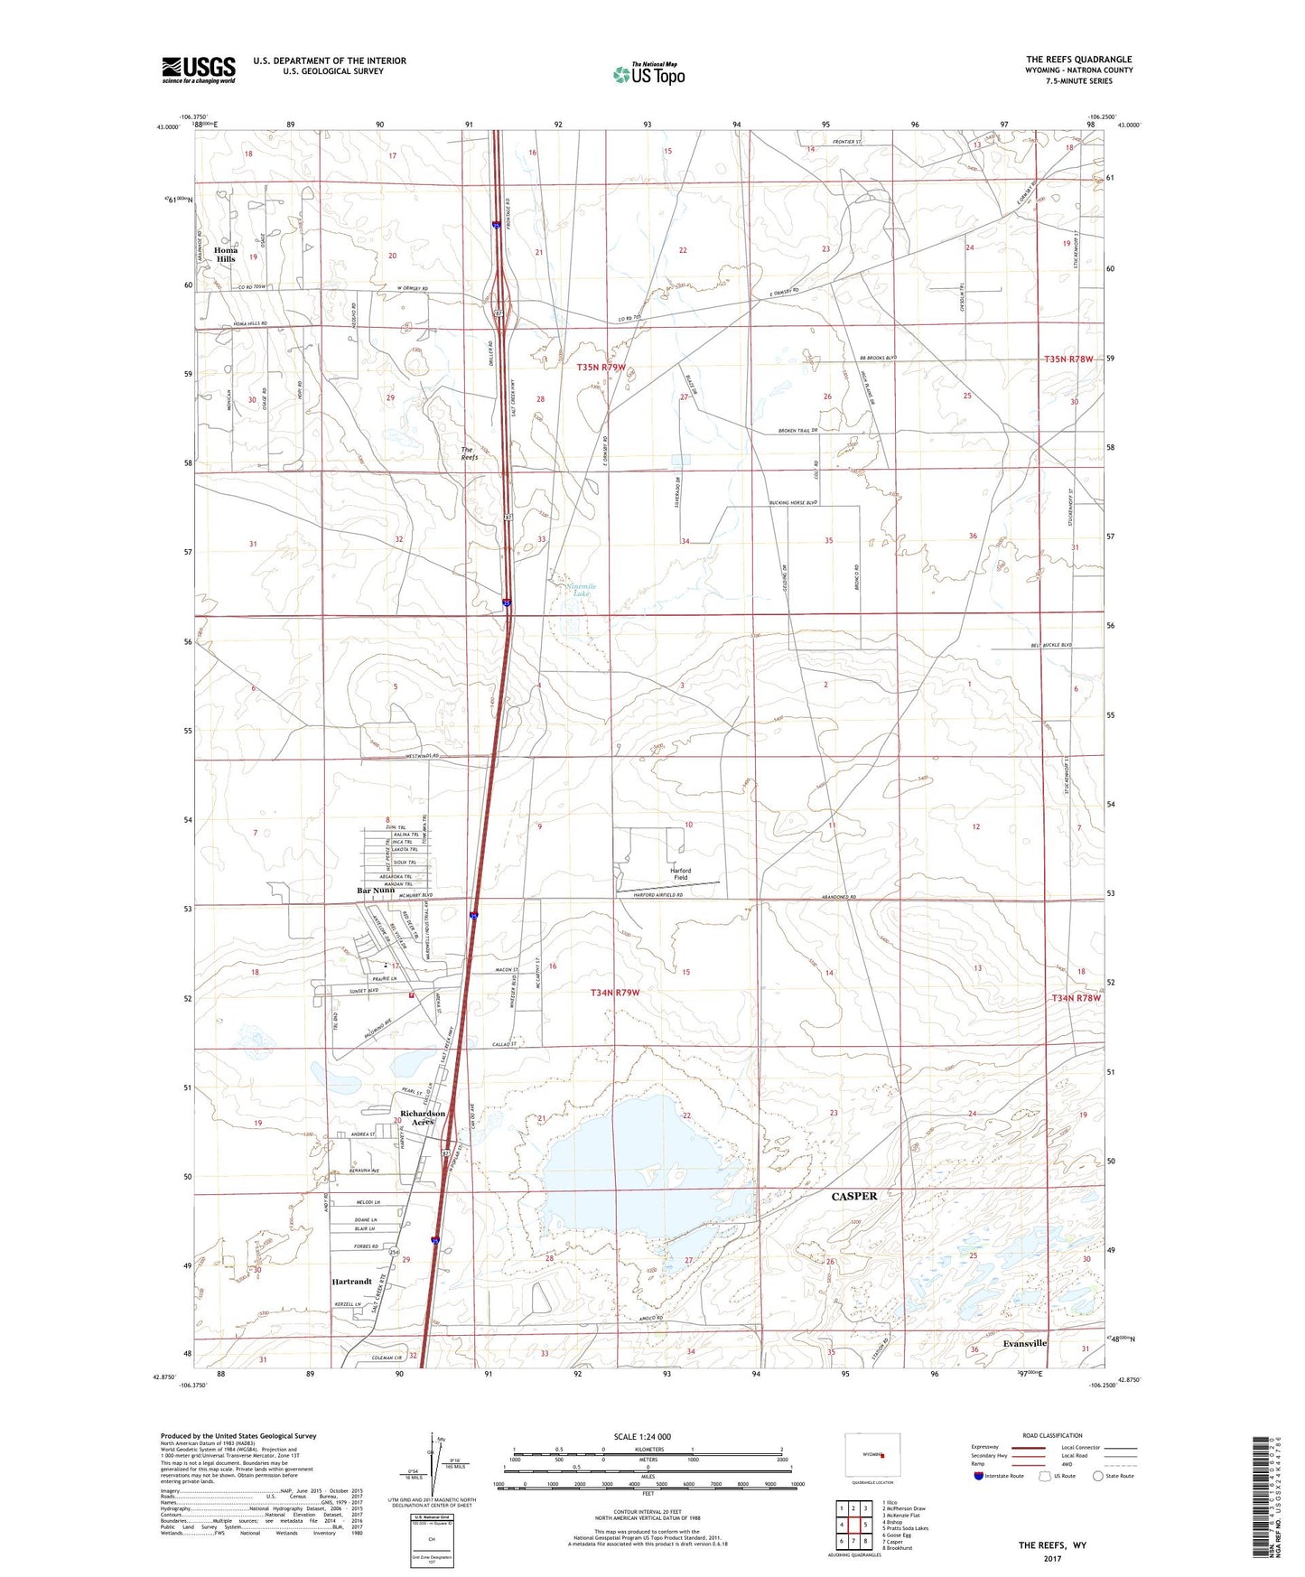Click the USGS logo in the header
(199, 70)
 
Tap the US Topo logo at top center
(648, 74)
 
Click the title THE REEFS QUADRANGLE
(1078, 60)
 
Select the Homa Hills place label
(225, 255)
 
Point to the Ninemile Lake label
(581, 590)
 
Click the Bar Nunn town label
(376, 891)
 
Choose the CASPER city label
(853, 1196)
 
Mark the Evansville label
(1024, 1343)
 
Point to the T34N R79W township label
(615, 993)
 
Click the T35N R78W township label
(1068, 359)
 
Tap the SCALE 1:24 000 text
(642, 1436)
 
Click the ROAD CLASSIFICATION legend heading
(1051, 1435)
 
